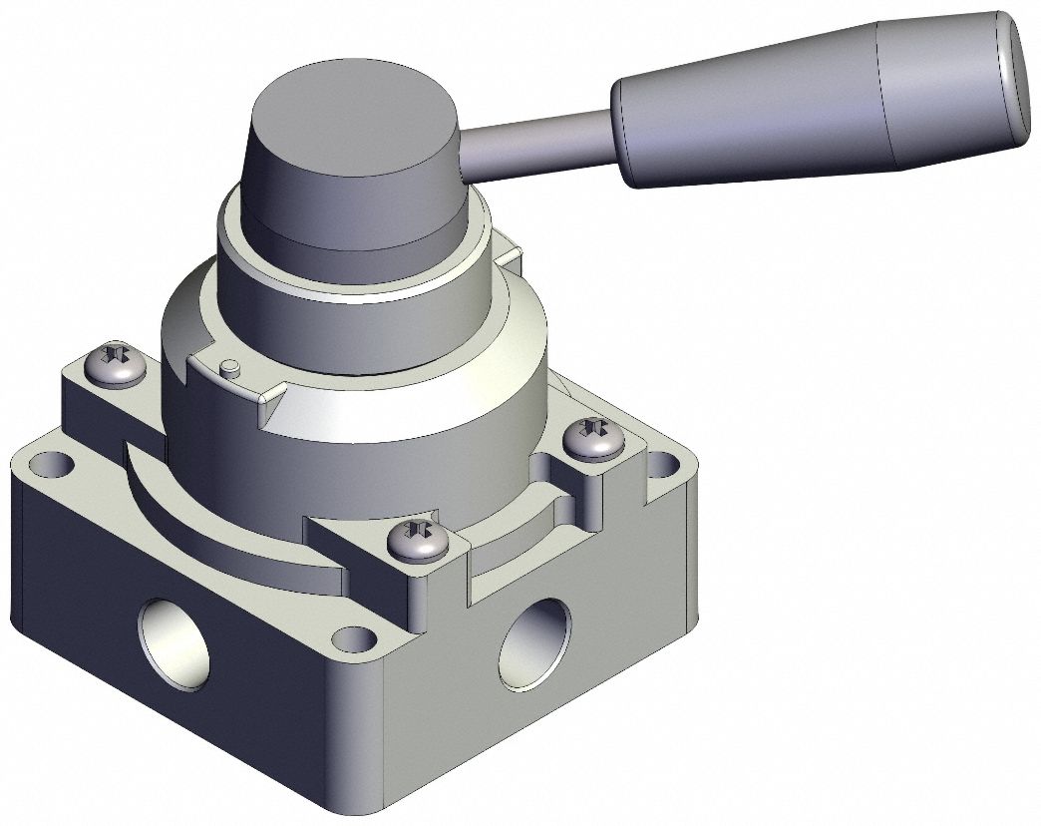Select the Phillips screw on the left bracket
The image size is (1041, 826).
click(119, 363)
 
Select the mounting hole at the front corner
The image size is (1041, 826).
click(348, 636)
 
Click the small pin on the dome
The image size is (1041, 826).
click(230, 368)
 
